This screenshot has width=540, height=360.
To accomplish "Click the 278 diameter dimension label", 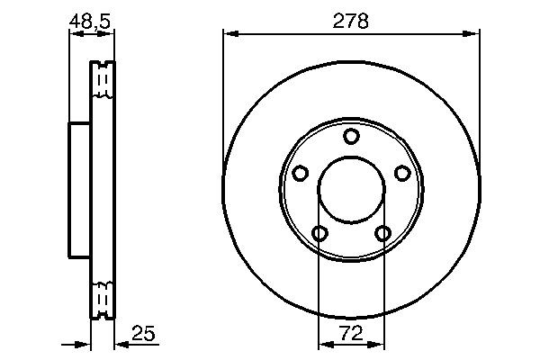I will pos(351,21).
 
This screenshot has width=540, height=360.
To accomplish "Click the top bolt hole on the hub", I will pos(351,136).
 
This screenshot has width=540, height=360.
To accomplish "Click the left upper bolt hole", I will pos(300,174).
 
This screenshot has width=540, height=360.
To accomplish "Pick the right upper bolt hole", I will pos(402,174).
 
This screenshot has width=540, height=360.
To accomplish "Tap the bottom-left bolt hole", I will pos(319,234).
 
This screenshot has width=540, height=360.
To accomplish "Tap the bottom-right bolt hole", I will pos(383,234).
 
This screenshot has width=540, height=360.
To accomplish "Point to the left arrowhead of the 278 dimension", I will pos(229,35).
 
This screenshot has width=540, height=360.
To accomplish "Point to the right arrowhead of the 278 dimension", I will pos(473,35).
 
